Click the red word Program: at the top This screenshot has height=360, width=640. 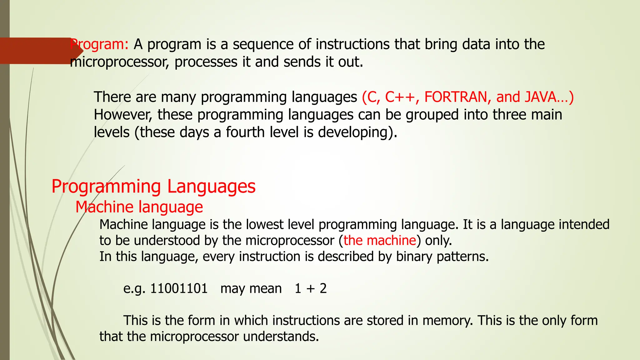[x=99, y=44]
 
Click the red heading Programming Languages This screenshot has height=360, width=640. [x=153, y=187]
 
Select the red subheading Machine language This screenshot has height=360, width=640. [x=139, y=207]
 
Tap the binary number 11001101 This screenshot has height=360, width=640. [x=179, y=288]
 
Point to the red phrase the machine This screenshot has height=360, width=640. [x=380, y=241]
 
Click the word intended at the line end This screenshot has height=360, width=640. [x=584, y=225]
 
